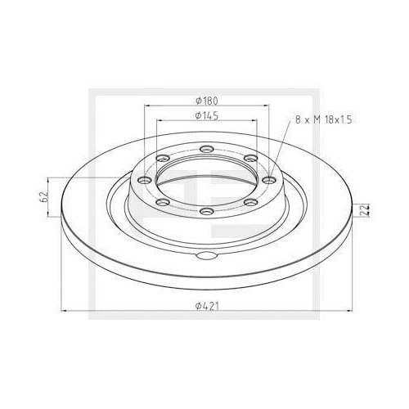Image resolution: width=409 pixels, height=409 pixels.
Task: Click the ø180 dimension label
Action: click(207, 100)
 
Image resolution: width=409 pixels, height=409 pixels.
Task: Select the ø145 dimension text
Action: click(207, 115)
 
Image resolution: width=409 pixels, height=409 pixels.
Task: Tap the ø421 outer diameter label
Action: click(207, 305)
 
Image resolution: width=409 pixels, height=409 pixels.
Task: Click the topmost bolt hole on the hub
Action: click(206, 149)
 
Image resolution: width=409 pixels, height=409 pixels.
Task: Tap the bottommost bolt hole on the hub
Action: click(206, 212)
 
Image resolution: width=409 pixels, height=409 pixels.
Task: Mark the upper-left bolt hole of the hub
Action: click(163, 158)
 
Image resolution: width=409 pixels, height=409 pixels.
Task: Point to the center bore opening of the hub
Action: click(206, 179)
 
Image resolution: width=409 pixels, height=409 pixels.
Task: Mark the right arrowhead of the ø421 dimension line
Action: click(348, 311)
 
